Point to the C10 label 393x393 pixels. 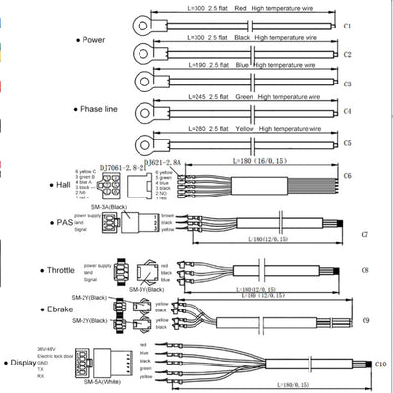[379, 365]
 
